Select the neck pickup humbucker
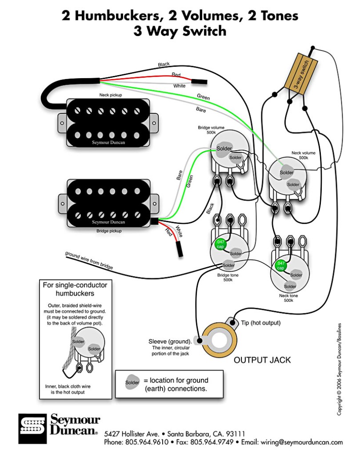[108, 122]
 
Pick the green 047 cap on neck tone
[281, 266]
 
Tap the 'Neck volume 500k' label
[303, 155]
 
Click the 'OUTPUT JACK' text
[262, 360]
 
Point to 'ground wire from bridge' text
[89, 261]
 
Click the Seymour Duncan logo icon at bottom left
[32, 429]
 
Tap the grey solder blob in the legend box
[132, 383]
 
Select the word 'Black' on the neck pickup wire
[164, 65]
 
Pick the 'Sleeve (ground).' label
[170, 341]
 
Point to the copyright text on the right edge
[340, 369]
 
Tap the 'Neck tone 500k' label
[288, 298]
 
